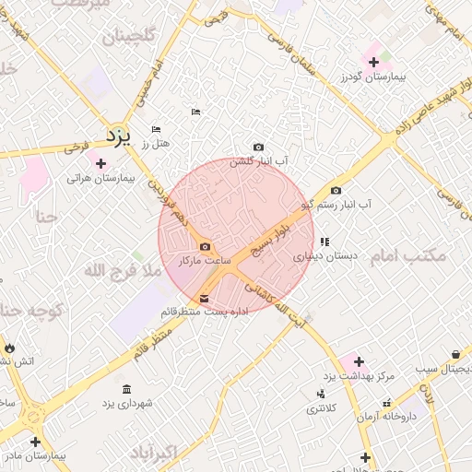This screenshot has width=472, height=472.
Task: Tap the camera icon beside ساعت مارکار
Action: point(204,247)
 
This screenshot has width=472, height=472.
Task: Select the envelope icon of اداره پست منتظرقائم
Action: point(204,299)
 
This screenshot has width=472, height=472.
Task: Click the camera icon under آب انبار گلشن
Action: point(258,147)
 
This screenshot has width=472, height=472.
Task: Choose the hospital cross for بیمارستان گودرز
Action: point(373,63)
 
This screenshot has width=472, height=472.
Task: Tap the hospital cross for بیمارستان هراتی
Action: point(100,163)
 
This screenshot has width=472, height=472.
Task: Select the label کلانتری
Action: point(321,407)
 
